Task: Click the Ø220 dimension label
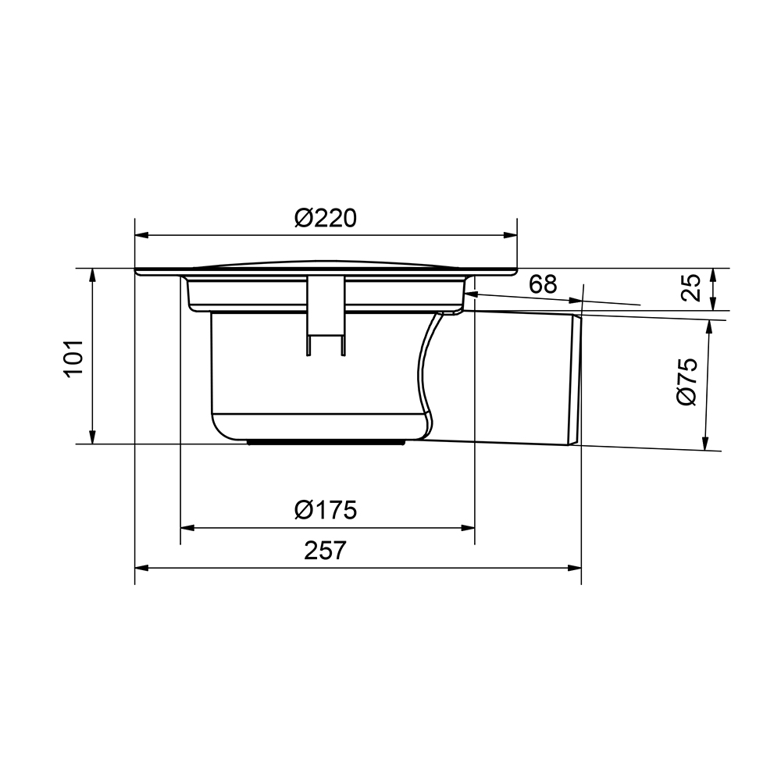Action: [x=326, y=218]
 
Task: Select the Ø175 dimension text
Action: [x=326, y=510]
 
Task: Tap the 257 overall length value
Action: [x=325, y=551]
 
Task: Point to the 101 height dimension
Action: [x=73, y=358]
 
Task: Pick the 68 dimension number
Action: [x=543, y=284]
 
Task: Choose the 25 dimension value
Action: [x=690, y=287]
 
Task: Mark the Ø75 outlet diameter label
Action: [x=686, y=381]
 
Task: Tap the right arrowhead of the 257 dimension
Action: [x=574, y=568]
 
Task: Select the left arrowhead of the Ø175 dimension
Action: [x=187, y=527]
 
